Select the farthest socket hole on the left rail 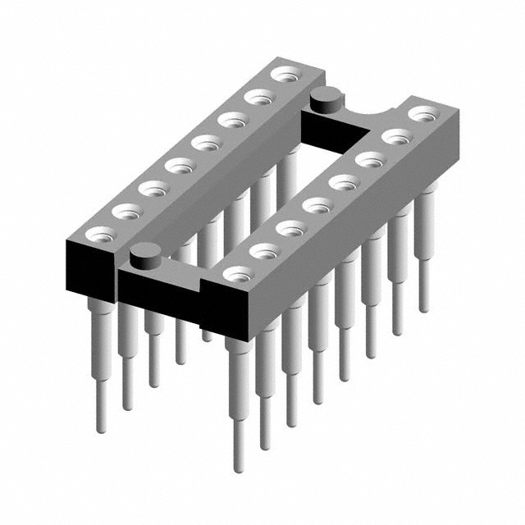pyautogui.click(x=285, y=75)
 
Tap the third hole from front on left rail pyautogui.click(x=152, y=189)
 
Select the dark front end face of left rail pyautogui.click(x=88, y=266)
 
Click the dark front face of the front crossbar pyautogui.click(x=160, y=290)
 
